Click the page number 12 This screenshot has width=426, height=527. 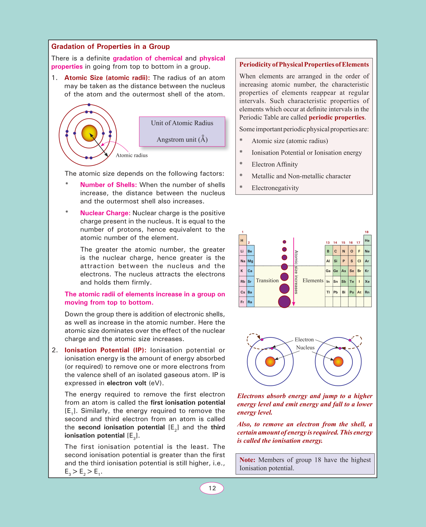pyautogui.click(x=212, y=488)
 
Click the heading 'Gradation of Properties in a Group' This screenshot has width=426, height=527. pyautogui.click(x=110, y=47)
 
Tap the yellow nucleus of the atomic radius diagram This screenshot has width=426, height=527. pyautogui.click(x=89, y=133)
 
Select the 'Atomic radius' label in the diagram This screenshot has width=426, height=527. pyautogui.click(x=132, y=155)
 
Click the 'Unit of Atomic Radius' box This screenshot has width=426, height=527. pyautogui.click(x=182, y=131)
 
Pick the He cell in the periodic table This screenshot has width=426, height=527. pyautogui.click(x=367, y=240)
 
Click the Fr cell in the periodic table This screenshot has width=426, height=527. pyautogui.click(x=242, y=302)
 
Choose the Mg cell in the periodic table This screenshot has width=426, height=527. pyautogui.click(x=250, y=261)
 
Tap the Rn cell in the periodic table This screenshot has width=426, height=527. pyautogui.click(x=367, y=292)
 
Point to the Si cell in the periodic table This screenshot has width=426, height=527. pyautogui.click(x=336, y=261)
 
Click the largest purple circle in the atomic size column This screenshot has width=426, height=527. pyautogui.click(x=284, y=302)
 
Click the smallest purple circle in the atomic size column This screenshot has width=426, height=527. pyautogui.click(x=284, y=242)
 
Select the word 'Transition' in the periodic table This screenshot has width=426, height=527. pyautogui.click(x=267, y=281)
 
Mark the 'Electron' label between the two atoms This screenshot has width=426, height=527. pyautogui.click(x=304, y=340)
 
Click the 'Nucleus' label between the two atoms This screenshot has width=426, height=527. pyautogui.click(x=305, y=348)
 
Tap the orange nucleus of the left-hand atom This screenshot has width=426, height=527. pyautogui.click(x=270, y=362)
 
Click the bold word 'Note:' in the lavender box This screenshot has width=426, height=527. pyautogui.click(x=247, y=460)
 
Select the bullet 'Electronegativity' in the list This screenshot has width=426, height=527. pyautogui.click(x=275, y=188)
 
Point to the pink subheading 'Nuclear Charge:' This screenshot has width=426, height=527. pyautogui.click(x=105, y=213)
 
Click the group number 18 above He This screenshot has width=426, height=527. pyautogui.click(x=367, y=232)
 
